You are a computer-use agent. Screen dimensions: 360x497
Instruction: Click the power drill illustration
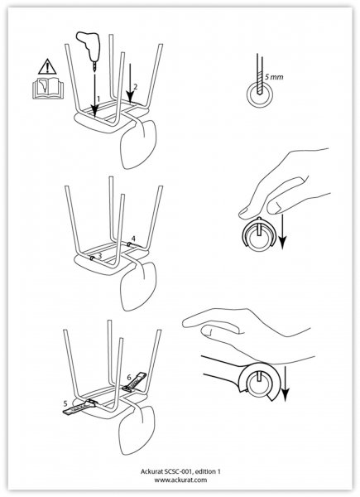89,47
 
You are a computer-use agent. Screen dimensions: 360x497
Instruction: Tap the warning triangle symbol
47,67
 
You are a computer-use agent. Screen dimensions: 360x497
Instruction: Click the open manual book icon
48,88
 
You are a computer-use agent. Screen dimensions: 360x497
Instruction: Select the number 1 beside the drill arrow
98,99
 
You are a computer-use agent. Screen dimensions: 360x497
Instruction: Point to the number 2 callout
135,86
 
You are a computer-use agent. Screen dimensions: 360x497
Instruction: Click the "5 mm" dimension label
274,77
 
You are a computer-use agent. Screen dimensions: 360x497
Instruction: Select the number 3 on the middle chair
100,255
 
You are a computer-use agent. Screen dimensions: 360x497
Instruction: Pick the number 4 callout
133,239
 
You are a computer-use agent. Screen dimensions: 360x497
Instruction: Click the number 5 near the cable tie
65,403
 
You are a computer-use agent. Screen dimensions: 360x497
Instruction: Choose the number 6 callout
129,378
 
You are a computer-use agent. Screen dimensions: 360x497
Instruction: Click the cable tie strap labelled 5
79,407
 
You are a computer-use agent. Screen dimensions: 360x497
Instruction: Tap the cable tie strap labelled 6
135,382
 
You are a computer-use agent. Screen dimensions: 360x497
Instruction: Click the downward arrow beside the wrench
286,384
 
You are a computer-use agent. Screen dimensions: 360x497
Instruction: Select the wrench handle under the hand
222,368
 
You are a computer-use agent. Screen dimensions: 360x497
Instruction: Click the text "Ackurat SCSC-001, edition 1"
180,471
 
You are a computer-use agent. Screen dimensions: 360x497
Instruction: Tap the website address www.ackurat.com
180,480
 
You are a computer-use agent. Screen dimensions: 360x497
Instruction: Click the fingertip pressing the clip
246,213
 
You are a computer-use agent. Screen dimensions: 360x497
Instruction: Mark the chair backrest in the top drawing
139,144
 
